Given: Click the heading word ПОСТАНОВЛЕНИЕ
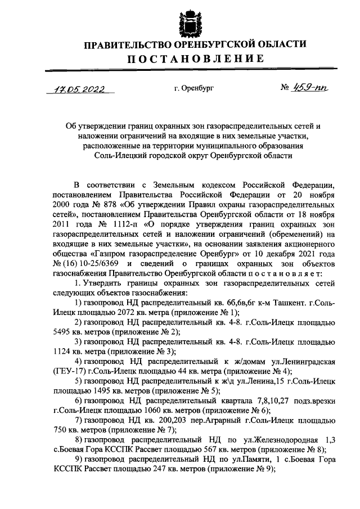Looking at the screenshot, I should click(x=195, y=58).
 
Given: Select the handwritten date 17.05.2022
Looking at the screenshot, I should click(x=78, y=89).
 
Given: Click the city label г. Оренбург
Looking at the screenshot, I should click(x=194, y=88).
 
